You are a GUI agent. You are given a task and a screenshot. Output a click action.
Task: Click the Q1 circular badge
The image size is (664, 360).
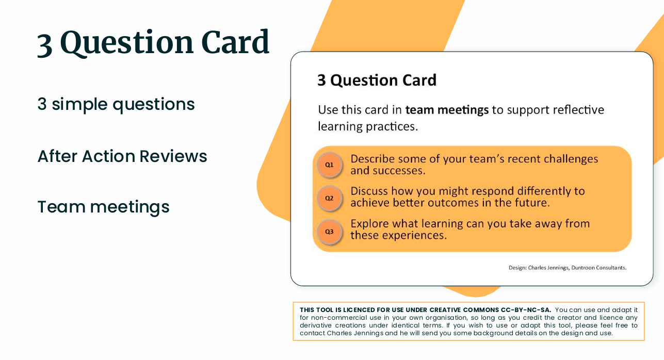tap(329, 165)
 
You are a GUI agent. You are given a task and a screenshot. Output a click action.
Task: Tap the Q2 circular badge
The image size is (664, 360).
tap(329, 198)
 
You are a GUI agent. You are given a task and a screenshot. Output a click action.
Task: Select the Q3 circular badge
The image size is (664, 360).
tap(329, 232)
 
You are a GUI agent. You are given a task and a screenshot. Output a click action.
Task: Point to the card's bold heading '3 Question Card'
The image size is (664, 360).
tap(377, 80)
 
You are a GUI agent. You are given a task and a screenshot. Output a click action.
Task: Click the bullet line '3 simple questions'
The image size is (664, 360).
tap(116, 104)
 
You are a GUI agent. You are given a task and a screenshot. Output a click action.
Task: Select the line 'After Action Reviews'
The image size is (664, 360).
tap(122, 156)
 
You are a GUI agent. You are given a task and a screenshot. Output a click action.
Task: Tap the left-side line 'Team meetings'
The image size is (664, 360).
tap(103, 207)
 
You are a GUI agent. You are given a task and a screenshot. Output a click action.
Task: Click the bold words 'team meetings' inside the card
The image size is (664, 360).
tap(447, 110)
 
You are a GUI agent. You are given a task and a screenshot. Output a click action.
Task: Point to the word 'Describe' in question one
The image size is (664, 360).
tap(372, 159)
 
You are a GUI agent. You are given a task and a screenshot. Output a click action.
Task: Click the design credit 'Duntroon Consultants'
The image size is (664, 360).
tap(598, 268)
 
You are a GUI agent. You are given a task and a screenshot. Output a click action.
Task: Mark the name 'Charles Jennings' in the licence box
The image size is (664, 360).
tap(355, 333)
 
